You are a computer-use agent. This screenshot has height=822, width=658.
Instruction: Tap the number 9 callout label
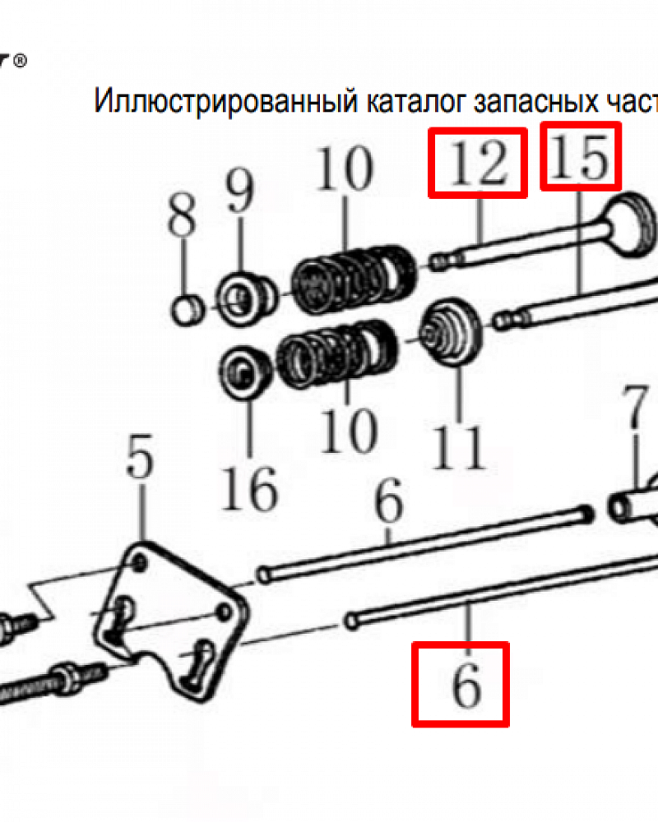(241, 193)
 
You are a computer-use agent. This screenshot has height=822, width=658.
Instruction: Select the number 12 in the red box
(477, 163)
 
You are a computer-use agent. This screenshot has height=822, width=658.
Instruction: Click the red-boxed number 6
(461, 685)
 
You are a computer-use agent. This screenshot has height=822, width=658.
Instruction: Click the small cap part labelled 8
(187, 310)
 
